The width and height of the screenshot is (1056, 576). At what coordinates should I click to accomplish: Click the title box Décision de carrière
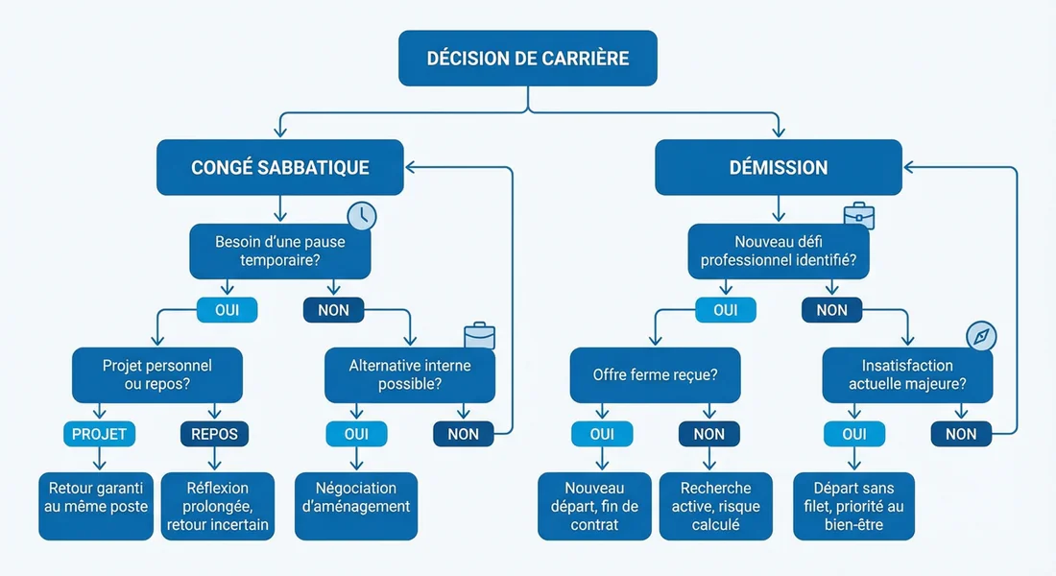click(x=528, y=59)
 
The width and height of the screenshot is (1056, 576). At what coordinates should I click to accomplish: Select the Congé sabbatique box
click(x=279, y=167)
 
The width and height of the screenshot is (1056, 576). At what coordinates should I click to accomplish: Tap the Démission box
click(x=779, y=167)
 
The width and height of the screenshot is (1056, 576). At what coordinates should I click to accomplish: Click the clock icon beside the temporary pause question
click(x=362, y=215)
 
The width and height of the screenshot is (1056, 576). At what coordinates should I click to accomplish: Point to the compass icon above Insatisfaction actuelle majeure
click(x=981, y=336)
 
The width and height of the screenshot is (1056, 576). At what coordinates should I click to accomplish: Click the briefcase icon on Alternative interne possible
click(x=480, y=336)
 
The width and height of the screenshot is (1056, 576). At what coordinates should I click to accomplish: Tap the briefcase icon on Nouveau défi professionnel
click(x=859, y=215)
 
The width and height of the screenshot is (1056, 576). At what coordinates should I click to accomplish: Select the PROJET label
click(x=100, y=434)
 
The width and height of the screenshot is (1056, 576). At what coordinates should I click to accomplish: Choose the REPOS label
click(x=214, y=434)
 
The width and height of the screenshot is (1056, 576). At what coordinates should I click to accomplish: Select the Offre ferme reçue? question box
click(x=656, y=375)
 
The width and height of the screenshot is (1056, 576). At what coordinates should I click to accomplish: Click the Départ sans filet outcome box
click(x=853, y=506)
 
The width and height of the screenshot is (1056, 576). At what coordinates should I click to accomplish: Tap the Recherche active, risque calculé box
click(x=716, y=506)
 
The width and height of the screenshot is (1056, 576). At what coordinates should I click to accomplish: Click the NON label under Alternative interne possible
click(x=463, y=434)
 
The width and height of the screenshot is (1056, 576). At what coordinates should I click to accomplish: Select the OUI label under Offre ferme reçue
click(x=602, y=434)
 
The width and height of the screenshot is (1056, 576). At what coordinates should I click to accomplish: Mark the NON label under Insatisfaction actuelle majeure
click(x=961, y=434)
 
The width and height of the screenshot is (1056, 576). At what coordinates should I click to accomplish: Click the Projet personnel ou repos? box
click(x=157, y=375)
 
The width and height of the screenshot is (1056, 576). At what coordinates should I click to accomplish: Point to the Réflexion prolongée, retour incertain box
click(x=218, y=506)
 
